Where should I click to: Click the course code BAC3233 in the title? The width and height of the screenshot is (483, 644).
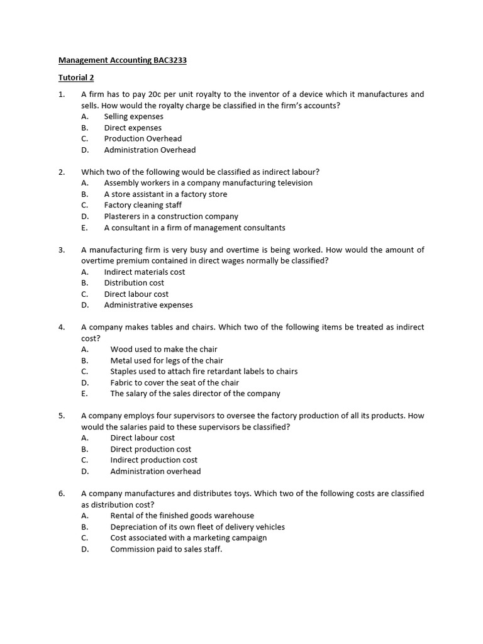tap(170, 61)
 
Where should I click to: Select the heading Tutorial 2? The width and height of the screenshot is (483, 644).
tap(75, 77)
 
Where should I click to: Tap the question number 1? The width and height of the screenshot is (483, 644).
tap(62, 94)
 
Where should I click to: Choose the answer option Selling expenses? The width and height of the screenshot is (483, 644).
tap(133, 116)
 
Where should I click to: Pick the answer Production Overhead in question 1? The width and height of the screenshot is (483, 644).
tap(143, 138)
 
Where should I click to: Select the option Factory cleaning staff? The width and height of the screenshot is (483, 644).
tap(143, 205)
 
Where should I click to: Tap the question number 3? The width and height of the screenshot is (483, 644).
tap(62, 250)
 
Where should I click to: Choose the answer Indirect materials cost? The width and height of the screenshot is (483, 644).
tap(145, 272)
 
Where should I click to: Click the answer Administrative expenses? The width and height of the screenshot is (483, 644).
tap(148, 305)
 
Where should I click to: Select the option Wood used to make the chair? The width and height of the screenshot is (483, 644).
tap(164, 349)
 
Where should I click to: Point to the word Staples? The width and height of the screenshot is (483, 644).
tap(125, 371)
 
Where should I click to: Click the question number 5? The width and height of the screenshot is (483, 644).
tap(62, 416)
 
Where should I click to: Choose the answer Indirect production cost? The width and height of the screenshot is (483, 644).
tap(153, 460)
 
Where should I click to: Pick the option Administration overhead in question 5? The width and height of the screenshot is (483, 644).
tap(155, 471)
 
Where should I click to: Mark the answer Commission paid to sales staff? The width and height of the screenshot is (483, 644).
tap(166, 549)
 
